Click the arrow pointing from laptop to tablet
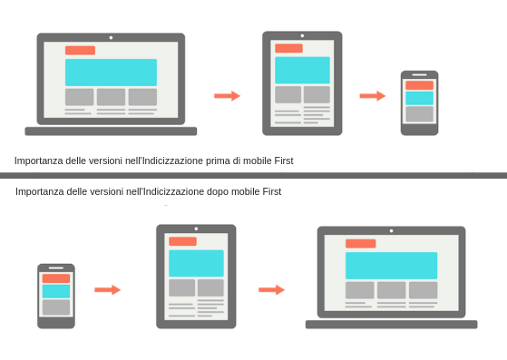227,95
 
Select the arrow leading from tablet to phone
373,95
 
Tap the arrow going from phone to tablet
107,289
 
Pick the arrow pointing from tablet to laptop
271,289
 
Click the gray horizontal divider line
253,175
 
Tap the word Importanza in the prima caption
37,161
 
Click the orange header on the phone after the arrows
419,85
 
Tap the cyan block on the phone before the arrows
56,291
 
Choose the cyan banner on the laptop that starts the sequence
111,73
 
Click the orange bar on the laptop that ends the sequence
360,243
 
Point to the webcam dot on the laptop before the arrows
111,37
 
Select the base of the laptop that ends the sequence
391,324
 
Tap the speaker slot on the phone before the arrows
56,268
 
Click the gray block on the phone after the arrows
419,113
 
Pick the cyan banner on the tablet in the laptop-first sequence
302,70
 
